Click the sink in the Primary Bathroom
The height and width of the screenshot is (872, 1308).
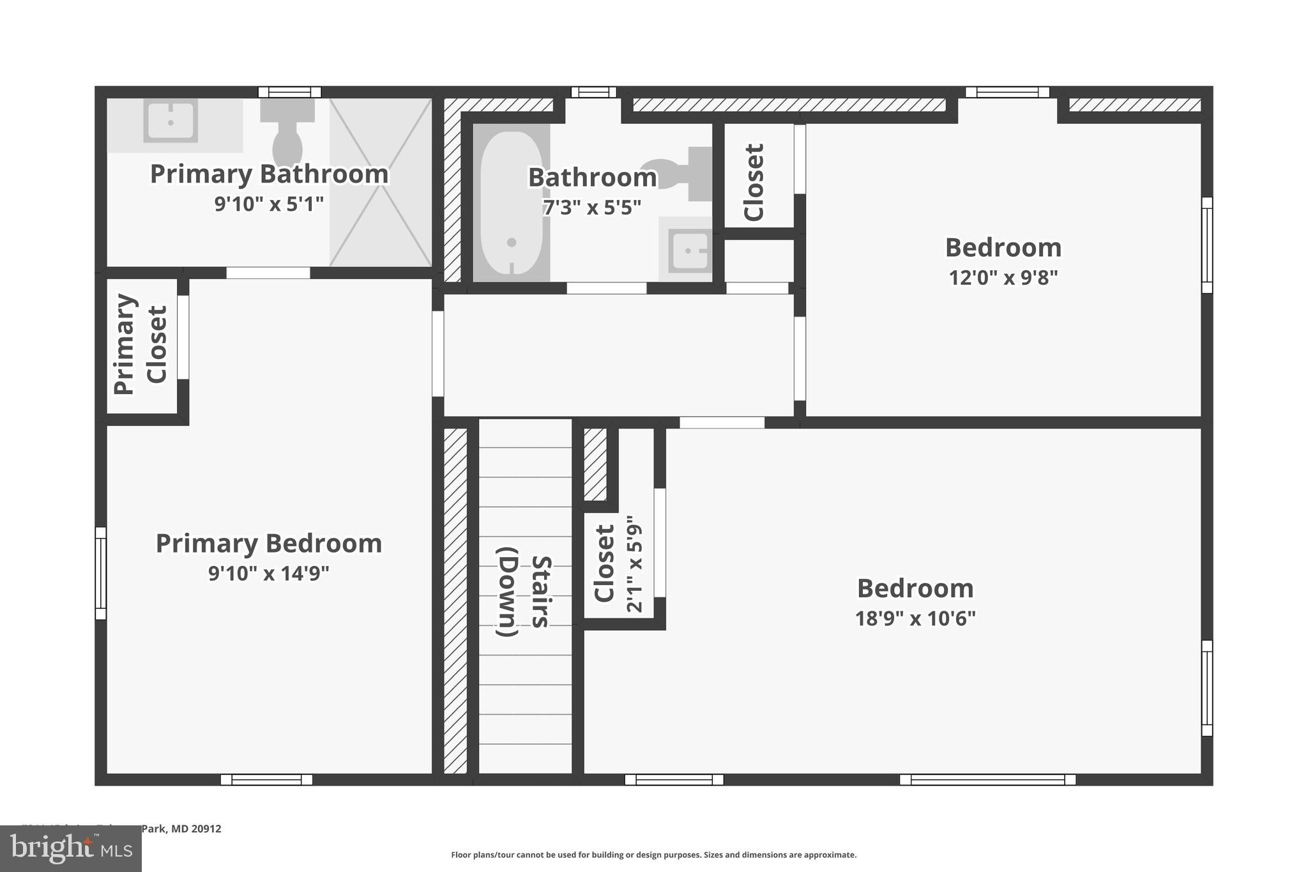[171, 121]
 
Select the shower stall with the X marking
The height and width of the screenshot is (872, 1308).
[381, 182]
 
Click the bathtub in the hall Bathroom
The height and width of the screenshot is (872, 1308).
[511, 203]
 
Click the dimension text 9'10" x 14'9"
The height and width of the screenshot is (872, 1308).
[268, 574]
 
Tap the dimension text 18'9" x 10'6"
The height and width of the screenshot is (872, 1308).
[915, 618]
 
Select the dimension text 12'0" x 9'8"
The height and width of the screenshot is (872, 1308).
[1003, 278]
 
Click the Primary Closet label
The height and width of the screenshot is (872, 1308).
[141, 345]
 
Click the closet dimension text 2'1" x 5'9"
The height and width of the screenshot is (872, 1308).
[634, 564]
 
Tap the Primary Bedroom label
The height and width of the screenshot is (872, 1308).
[268, 544]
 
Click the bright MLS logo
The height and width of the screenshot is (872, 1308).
[71, 848]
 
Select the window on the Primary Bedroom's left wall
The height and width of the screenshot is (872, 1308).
[101, 573]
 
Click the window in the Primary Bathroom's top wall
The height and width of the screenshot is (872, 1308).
[289, 92]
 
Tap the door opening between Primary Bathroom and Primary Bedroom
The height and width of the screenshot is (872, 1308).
[268, 273]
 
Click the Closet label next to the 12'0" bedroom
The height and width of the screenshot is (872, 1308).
[754, 182]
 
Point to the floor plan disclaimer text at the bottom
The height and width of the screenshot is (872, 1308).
[653, 855]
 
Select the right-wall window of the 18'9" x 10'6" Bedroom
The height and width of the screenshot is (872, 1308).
[1206, 688]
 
